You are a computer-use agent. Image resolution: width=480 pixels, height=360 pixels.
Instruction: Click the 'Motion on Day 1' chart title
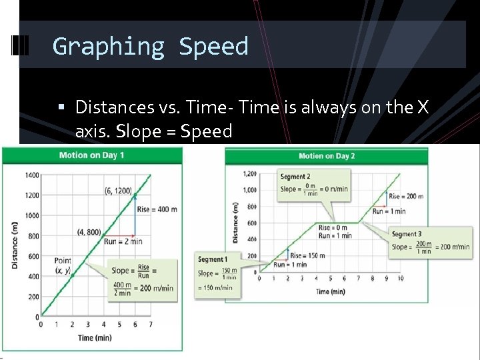(91, 155)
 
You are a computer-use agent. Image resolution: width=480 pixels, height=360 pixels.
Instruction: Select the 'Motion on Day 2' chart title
(327, 156)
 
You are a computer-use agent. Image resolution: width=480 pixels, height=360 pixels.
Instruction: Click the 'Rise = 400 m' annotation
(157, 209)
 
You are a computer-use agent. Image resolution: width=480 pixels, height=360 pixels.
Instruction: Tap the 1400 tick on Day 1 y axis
(31, 175)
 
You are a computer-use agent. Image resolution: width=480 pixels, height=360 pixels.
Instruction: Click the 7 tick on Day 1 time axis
(151, 325)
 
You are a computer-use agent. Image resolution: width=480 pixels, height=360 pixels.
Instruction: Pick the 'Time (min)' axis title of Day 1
(95, 338)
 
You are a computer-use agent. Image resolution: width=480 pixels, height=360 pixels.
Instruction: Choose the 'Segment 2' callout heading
(295, 177)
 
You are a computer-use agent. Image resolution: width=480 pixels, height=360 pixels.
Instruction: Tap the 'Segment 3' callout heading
(407, 234)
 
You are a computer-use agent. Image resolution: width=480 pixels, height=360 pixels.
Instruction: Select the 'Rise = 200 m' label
(406, 197)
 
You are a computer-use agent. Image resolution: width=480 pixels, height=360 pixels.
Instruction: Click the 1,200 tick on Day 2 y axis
(249, 174)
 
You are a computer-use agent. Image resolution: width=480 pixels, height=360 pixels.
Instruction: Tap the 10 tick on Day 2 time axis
(400, 279)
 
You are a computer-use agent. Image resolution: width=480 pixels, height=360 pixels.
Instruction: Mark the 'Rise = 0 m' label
(333, 228)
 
